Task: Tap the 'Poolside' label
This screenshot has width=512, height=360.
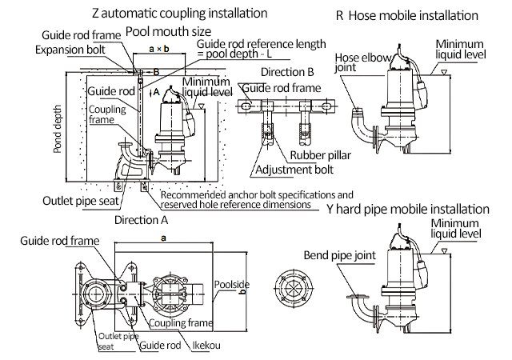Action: [234, 283]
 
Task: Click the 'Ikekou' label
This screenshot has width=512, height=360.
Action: [207, 346]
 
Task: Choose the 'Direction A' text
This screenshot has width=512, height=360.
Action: [141, 219]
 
